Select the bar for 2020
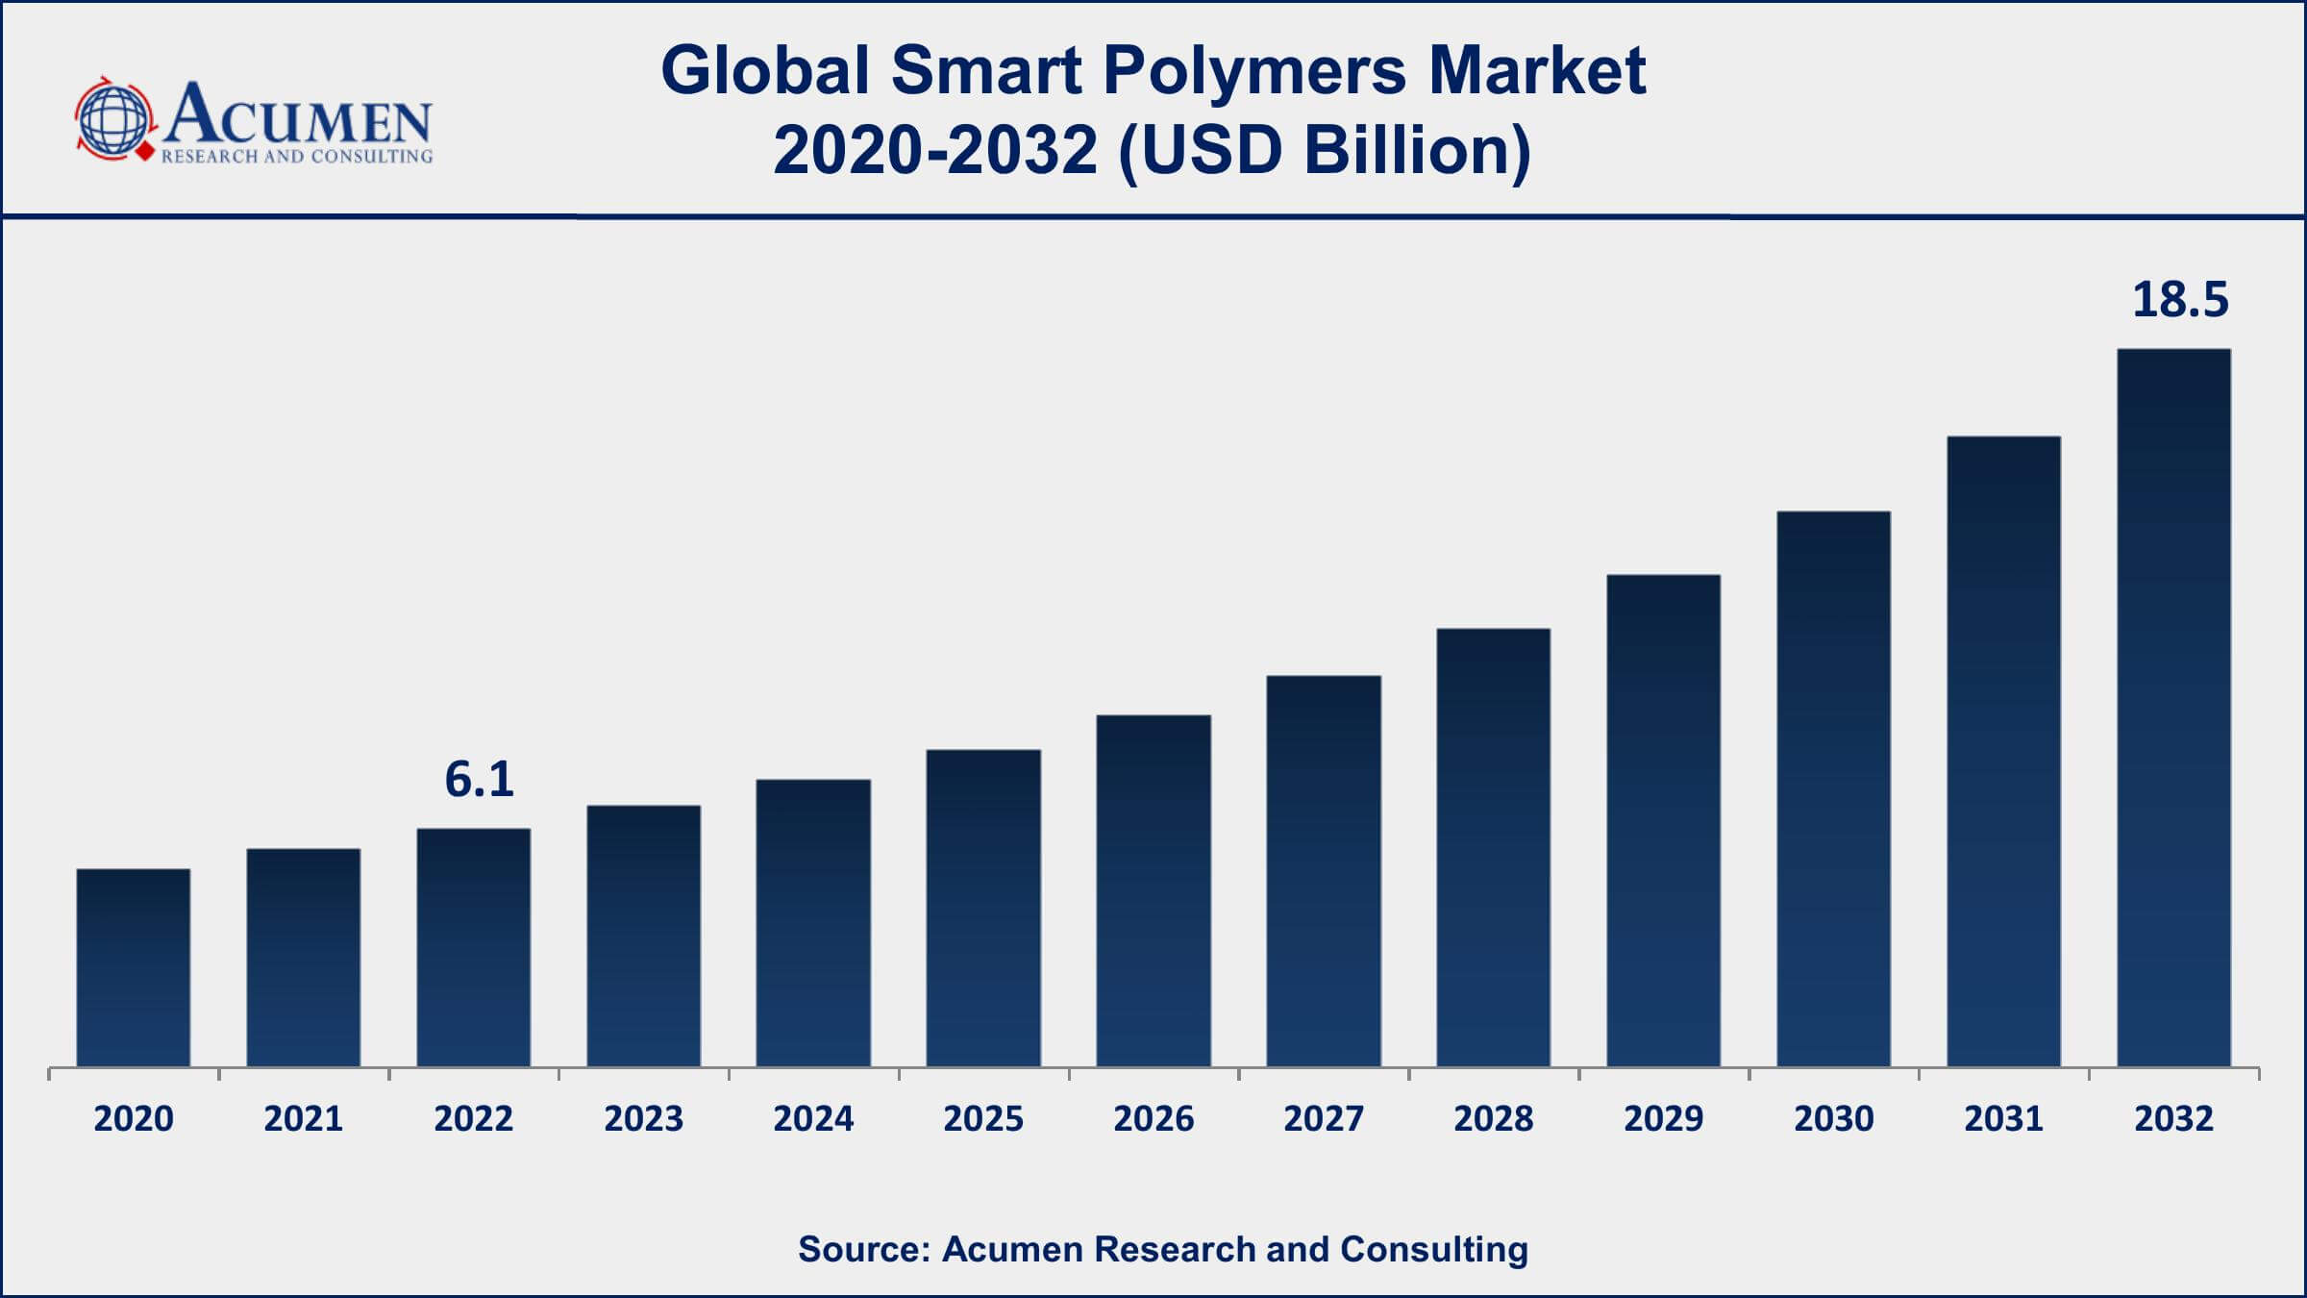pos(134,967)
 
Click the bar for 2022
pos(473,947)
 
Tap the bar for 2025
pos(983,908)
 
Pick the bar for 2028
pos(1493,847)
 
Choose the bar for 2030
pos(1833,788)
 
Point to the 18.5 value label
pos(2179,300)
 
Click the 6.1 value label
pos(479,779)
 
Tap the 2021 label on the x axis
pos(303,1119)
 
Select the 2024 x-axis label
pos(813,1119)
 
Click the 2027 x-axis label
pos(1323,1119)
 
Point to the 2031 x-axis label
pos(2003,1119)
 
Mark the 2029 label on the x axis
pos(1663,1119)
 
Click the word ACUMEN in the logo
pos(298,115)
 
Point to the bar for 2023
pos(643,936)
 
